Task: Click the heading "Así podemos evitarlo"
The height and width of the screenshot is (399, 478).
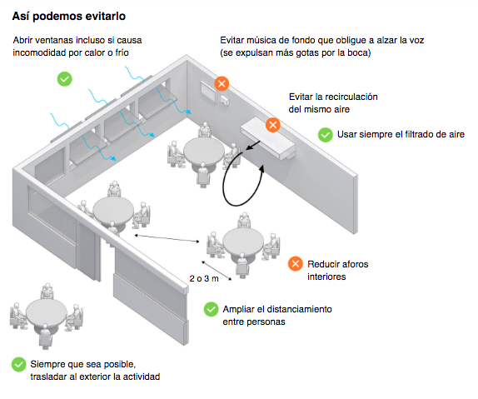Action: click(x=69, y=16)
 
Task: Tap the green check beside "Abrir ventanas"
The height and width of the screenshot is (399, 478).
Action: click(x=65, y=79)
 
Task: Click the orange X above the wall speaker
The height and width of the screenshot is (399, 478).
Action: click(x=222, y=83)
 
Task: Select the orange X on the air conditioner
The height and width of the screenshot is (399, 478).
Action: click(x=273, y=125)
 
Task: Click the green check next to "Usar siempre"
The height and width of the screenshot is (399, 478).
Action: click(x=326, y=134)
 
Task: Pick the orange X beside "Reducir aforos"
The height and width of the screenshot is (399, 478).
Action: click(x=296, y=264)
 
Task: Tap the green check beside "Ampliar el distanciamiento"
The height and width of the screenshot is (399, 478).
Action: click(x=211, y=309)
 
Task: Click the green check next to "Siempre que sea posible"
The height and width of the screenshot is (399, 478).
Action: click(x=19, y=364)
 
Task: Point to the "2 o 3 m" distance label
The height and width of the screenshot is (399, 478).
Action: click(x=204, y=278)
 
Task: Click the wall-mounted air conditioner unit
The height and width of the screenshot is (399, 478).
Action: click(x=267, y=138)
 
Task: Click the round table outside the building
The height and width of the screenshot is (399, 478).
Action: click(x=47, y=312)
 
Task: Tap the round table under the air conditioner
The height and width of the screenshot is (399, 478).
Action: click(x=204, y=152)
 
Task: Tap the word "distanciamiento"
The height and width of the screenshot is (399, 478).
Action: click(x=299, y=309)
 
